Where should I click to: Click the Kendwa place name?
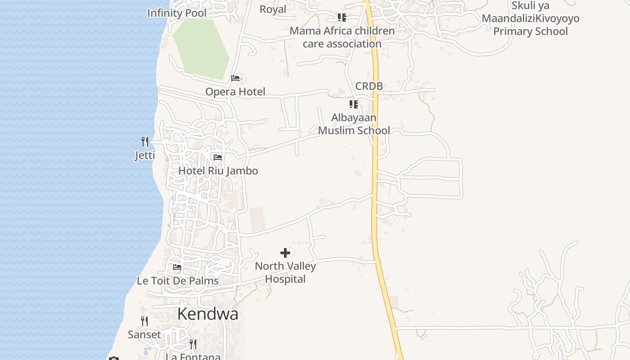[x=207, y=314]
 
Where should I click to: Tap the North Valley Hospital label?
[x=285, y=272]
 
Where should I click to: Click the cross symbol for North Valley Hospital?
[x=285, y=253]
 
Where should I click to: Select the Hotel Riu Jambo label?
[x=218, y=171]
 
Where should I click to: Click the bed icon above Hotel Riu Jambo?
[x=218, y=157]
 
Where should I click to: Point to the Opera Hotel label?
[x=235, y=92]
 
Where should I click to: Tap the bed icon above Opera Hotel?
[x=235, y=78]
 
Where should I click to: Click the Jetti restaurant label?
[x=145, y=156]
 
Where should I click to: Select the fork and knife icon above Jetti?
[x=145, y=142]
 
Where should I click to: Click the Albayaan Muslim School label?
[x=354, y=124]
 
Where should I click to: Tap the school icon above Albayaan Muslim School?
[x=354, y=104]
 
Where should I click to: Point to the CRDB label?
[x=369, y=86]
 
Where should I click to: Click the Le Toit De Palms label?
[x=177, y=281]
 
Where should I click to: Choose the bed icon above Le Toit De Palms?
[x=177, y=267]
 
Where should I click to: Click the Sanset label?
[x=144, y=334]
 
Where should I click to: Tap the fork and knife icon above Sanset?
[x=144, y=321]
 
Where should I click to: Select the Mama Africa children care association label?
[x=342, y=37]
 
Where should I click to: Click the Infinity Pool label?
[x=177, y=13]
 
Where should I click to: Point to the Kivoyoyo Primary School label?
[x=531, y=19]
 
